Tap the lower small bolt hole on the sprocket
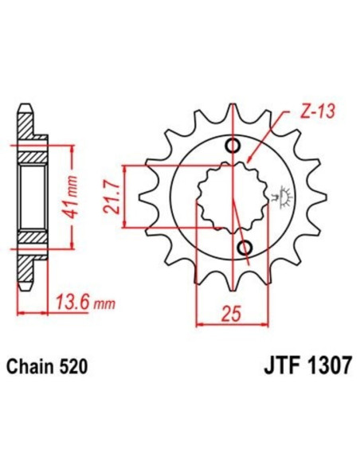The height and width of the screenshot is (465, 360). point(244,245)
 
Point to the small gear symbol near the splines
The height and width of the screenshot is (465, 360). point(279,194)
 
